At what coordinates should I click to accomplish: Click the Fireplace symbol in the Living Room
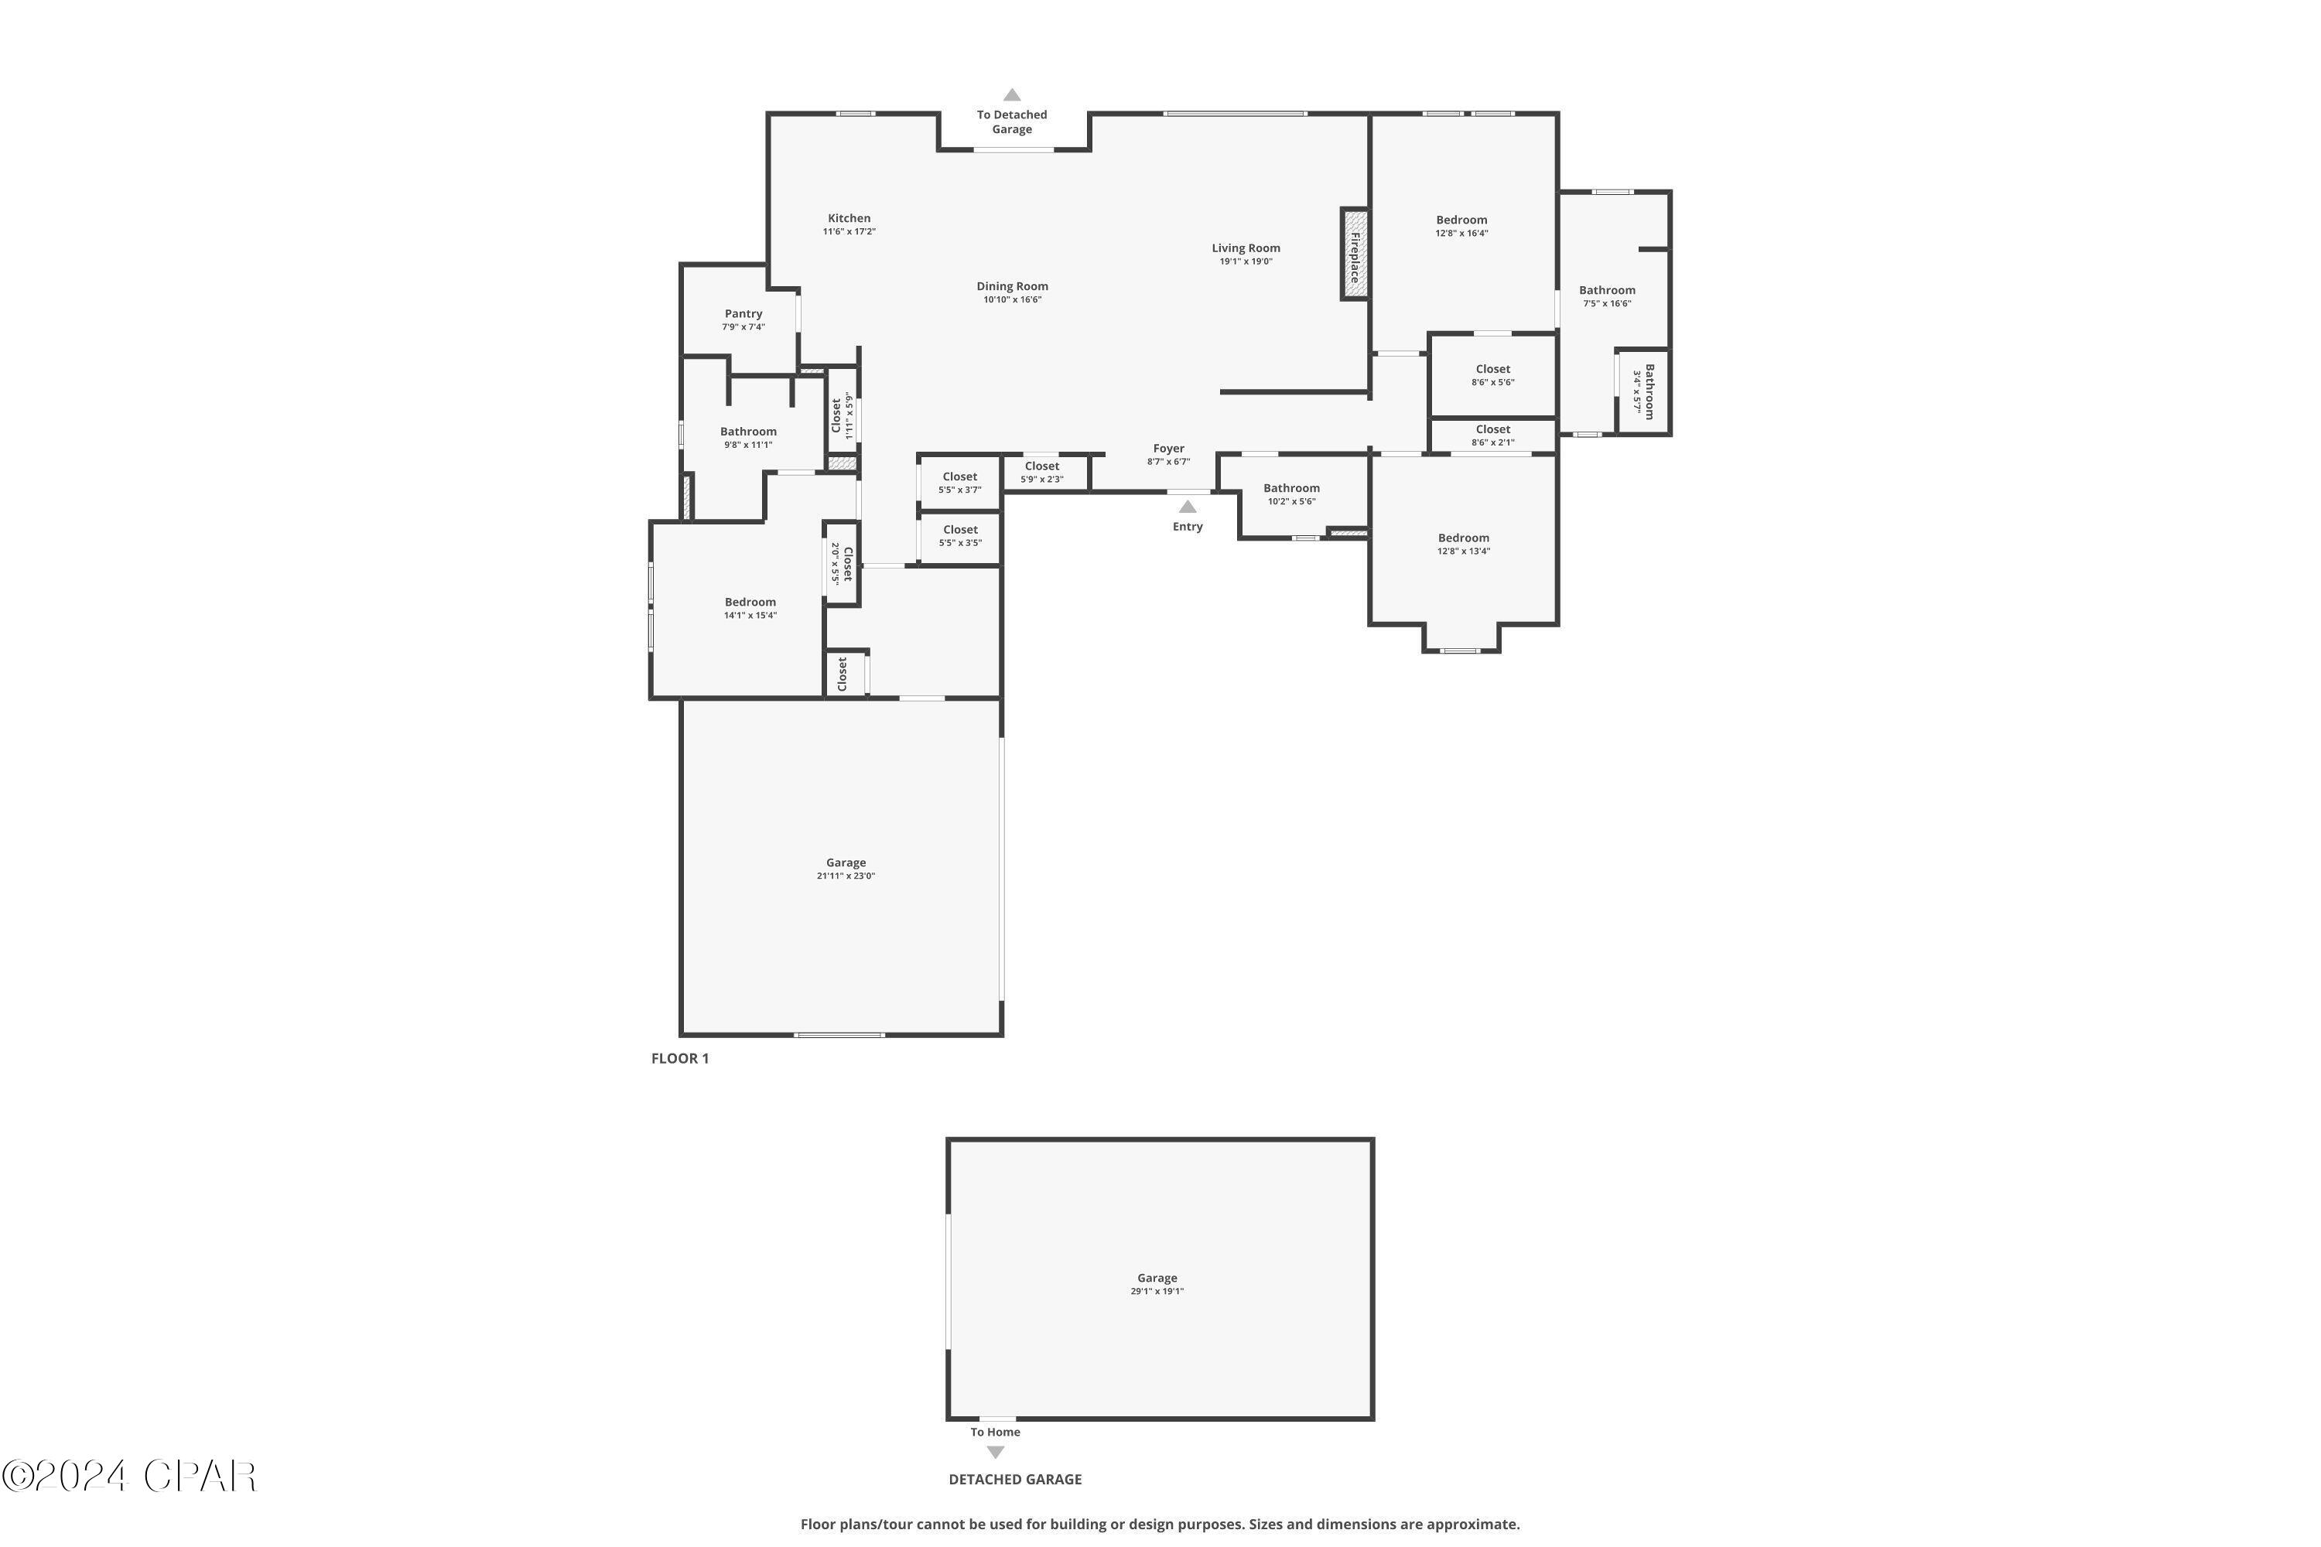coord(1354,254)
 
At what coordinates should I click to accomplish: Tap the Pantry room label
coord(743,314)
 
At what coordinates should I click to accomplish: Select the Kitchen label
coord(849,218)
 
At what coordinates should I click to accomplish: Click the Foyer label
coord(1168,449)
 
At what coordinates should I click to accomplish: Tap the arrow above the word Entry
coord(1187,507)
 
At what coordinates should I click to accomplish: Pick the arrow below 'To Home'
coord(996,1453)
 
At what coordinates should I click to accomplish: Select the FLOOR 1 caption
coord(680,1059)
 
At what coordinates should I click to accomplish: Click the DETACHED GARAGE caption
coord(1014,1479)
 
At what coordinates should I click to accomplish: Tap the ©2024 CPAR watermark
coord(129,1477)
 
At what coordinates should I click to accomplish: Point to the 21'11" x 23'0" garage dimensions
coord(846,876)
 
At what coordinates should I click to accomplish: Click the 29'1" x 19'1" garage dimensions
coord(1157,1292)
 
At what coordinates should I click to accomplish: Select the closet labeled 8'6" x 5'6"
coord(1492,375)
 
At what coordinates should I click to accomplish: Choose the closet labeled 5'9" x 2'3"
coord(1041,473)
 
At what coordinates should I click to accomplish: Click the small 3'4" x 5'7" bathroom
coord(1643,391)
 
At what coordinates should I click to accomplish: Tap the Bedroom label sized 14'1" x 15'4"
coord(750,602)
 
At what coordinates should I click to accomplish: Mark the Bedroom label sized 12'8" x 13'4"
coord(1462,538)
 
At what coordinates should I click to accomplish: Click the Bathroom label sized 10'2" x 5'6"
coord(1290,488)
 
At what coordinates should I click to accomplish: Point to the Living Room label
coord(1246,248)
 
